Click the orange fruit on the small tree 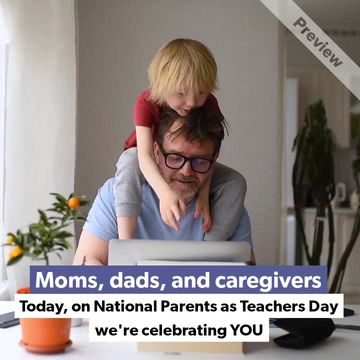73,203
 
